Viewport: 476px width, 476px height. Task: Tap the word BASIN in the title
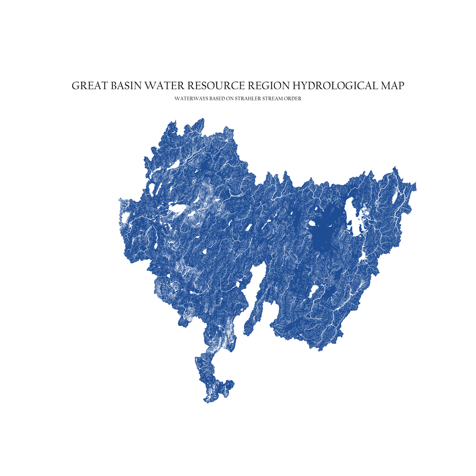coord(125,86)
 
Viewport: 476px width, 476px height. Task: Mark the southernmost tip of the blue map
coord(205,402)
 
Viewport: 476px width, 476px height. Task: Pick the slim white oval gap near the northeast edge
coord(396,195)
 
